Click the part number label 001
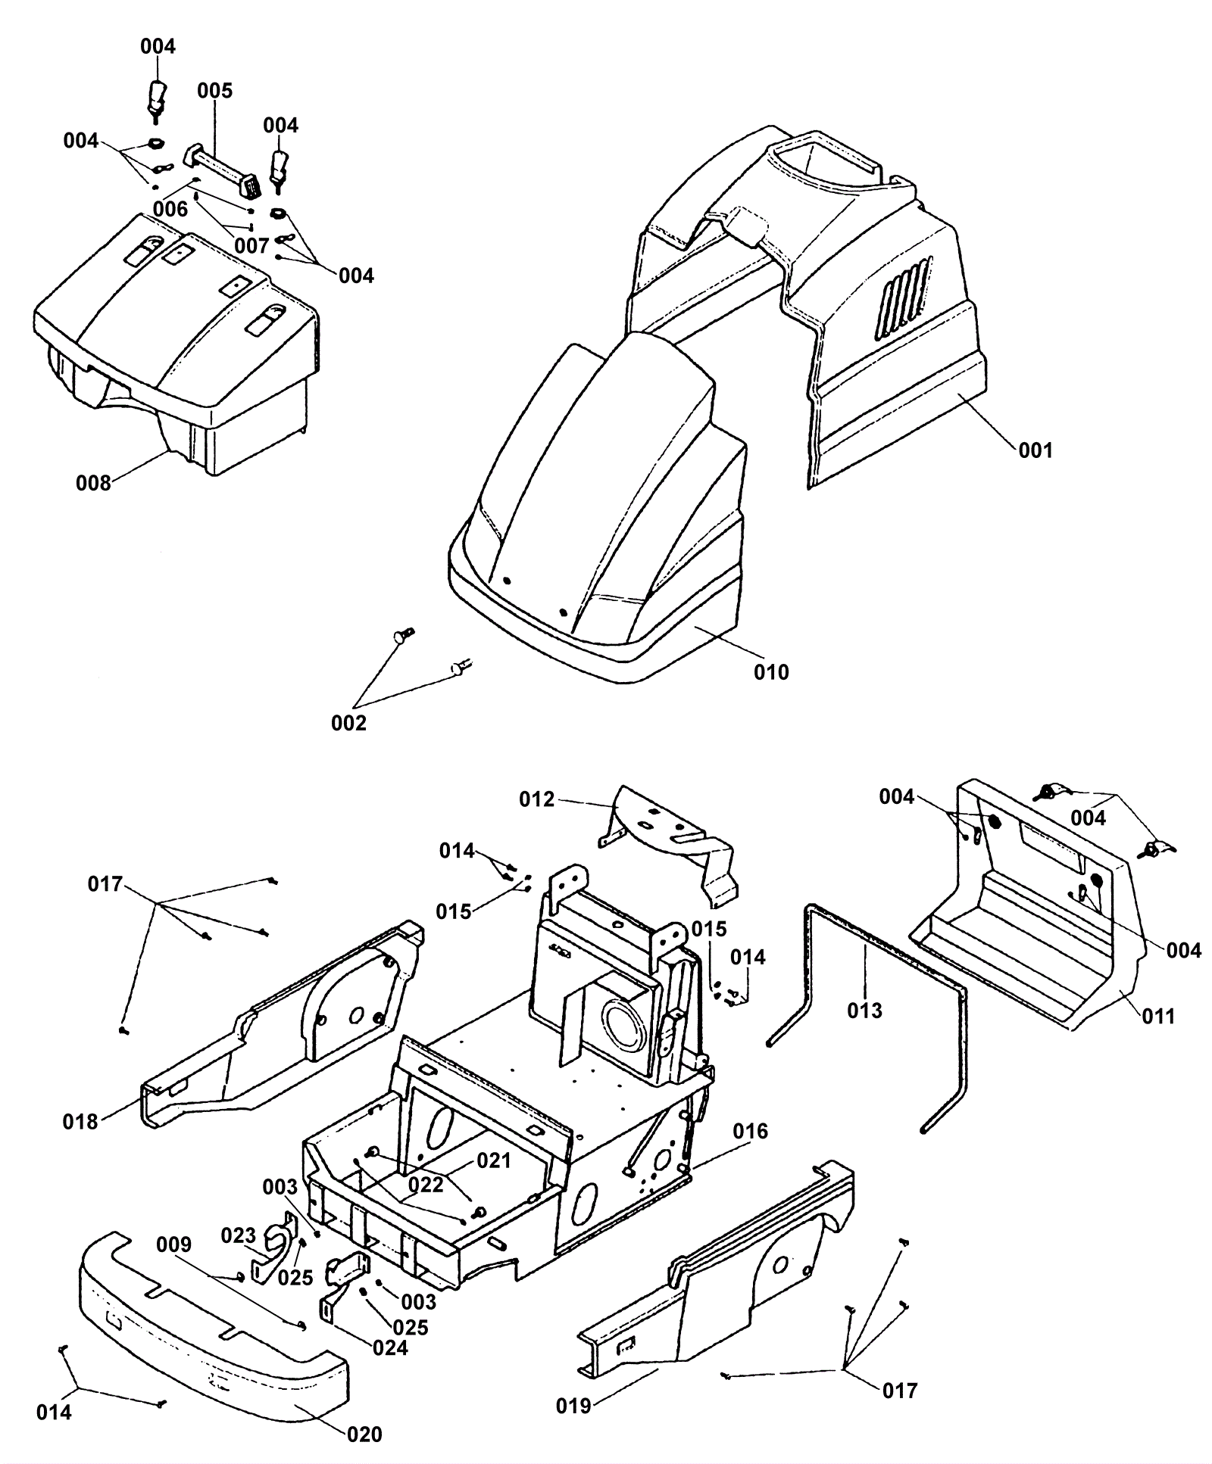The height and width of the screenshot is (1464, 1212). click(x=1035, y=450)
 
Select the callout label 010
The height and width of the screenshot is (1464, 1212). click(x=771, y=671)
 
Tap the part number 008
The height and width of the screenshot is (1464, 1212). click(x=93, y=483)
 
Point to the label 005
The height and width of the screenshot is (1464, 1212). click(x=215, y=91)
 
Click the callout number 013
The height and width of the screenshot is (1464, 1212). click(x=865, y=1010)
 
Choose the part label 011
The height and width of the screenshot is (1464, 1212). click(x=1157, y=1016)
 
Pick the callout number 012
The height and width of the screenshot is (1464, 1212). click(x=537, y=799)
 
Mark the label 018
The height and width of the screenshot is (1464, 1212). click(x=80, y=1122)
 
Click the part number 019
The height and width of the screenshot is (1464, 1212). click(x=573, y=1406)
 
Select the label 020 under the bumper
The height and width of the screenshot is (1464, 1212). click(x=364, y=1434)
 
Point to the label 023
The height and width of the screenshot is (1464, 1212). click(x=239, y=1236)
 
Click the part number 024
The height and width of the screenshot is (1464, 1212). click(x=391, y=1348)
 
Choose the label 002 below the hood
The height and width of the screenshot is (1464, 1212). click(x=348, y=723)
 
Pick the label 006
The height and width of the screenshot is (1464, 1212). click(x=170, y=209)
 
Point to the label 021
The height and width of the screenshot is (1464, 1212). click(x=494, y=1160)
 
